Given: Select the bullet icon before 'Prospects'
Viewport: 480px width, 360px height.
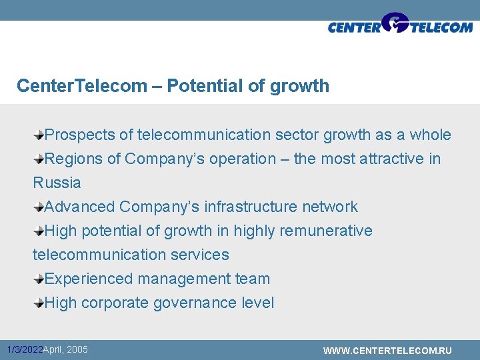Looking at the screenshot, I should (x=39, y=135).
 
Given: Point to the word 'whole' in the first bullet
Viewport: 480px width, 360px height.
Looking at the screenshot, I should (x=430, y=135).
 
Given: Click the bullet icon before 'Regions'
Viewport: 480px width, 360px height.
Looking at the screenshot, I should (x=39, y=159).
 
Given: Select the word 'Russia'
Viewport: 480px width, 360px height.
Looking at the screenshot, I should (x=57, y=183).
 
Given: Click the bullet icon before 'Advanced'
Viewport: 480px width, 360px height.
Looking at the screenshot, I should (x=39, y=207).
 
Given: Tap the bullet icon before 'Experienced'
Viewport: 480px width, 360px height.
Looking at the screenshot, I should (x=39, y=279).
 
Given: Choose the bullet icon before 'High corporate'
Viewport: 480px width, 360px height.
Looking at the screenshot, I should (x=39, y=303).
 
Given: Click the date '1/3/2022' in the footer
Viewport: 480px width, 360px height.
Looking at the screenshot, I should (x=24, y=350).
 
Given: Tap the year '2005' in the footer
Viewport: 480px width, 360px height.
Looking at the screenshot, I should (x=77, y=349).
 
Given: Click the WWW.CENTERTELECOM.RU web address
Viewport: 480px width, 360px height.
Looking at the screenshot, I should (x=387, y=351).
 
